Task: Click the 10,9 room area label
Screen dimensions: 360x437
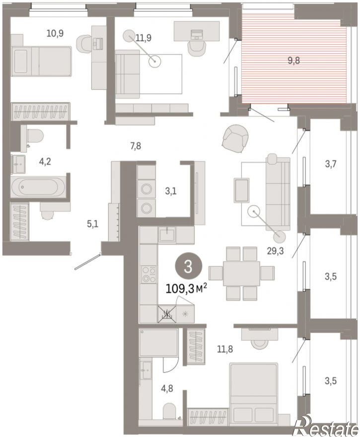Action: click(x=55, y=33)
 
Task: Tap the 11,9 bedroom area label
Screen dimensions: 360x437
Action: click(x=144, y=37)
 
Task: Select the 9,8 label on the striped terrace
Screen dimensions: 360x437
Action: click(x=294, y=60)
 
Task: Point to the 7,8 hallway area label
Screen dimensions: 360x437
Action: click(x=136, y=145)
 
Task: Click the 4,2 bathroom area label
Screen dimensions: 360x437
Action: click(x=45, y=161)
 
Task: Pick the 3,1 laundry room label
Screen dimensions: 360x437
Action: click(x=170, y=191)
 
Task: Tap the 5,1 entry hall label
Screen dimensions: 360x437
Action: click(x=93, y=224)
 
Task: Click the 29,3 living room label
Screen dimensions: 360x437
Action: click(x=275, y=251)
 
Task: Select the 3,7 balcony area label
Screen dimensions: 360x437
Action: click(x=331, y=164)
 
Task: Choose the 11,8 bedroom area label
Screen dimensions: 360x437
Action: click(x=225, y=349)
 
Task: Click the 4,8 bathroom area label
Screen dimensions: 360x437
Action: click(x=167, y=388)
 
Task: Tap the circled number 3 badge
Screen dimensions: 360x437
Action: click(x=188, y=267)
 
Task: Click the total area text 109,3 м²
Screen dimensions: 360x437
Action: click(x=186, y=289)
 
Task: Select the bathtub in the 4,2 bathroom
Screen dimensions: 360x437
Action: click(x=38, y=187)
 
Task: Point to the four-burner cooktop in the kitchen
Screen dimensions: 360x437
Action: click(x=149, y=274)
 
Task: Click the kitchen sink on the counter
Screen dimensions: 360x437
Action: click(x=167, y=235)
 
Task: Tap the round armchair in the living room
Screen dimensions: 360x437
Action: click(x=235, y=139)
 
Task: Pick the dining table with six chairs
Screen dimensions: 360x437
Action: click(x=242, y=273)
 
